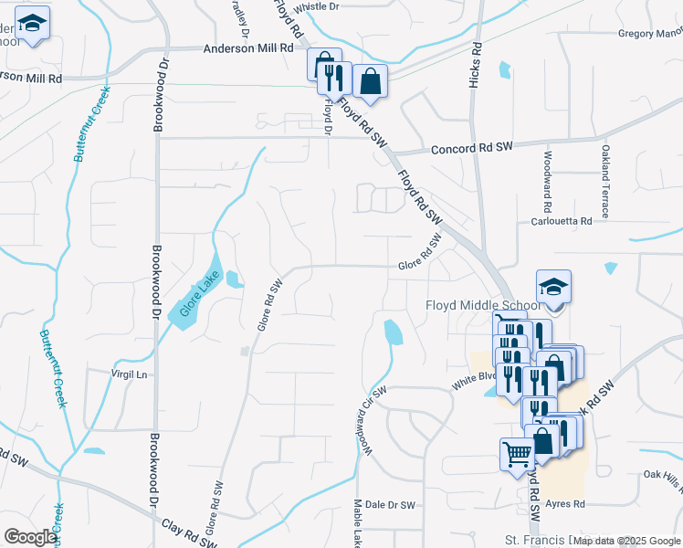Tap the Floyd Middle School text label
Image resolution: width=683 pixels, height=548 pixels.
[x=483, y=305]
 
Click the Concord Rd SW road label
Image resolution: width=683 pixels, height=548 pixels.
[x=467, y=149]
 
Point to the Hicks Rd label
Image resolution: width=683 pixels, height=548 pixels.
[x=474, y=65]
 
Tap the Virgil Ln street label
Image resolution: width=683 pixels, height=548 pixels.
[x=129, y=374]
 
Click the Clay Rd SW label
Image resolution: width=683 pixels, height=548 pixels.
[x=190, y=532]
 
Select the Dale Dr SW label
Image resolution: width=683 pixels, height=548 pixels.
[x=390, y=504]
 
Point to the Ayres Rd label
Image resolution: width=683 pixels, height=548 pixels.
[x=564, y=503]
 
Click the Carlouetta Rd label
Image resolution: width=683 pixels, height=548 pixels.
[x=562, y=221]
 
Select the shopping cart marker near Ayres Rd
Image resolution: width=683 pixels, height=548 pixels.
[x=517, y=454]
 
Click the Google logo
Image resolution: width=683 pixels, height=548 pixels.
[x=29, y=537]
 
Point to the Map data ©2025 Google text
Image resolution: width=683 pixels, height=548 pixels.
[x=627, y=540]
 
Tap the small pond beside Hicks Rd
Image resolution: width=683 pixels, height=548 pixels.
[x=505, y=69]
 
